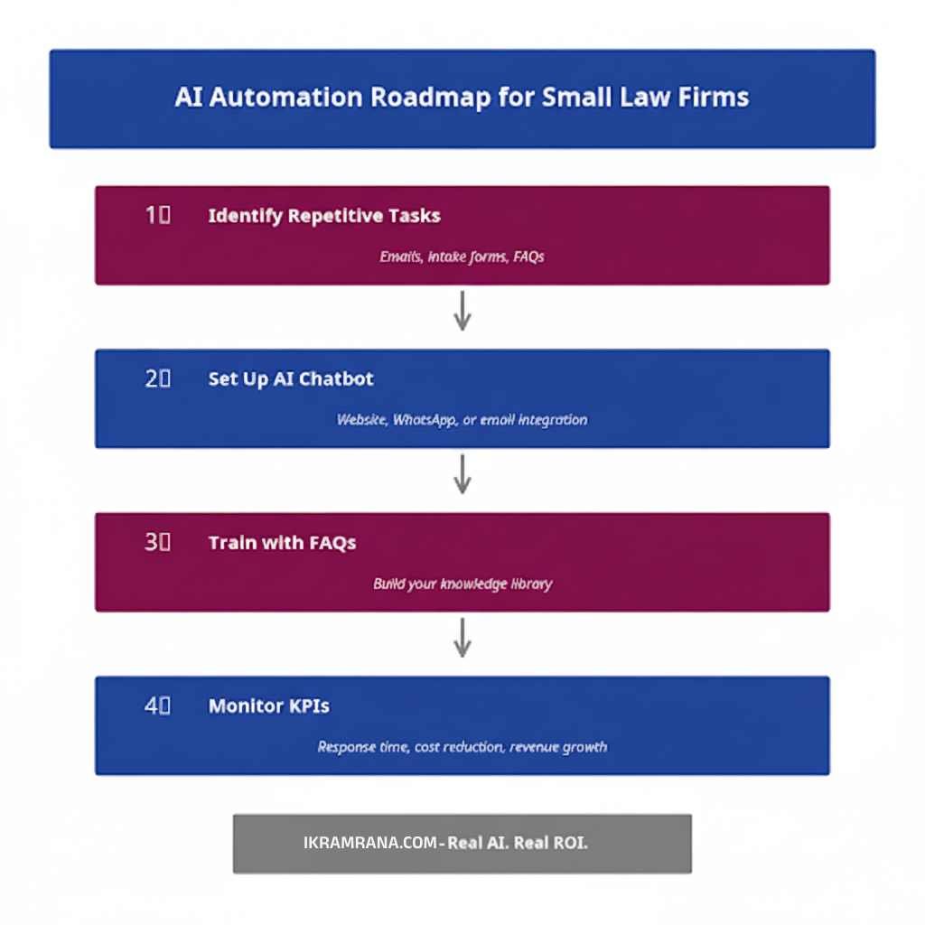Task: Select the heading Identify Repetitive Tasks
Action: coord(324,216)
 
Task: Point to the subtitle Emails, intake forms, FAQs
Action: coord(462,257)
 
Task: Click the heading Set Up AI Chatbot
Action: coord(291,378)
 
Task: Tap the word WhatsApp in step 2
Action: coord(425,420)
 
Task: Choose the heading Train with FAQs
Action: coord(282,543)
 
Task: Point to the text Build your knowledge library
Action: coord(462,584)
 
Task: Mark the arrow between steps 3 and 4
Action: coord(462,637)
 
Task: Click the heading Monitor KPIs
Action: coord(269,706)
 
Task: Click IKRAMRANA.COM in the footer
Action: coord(370,843)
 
